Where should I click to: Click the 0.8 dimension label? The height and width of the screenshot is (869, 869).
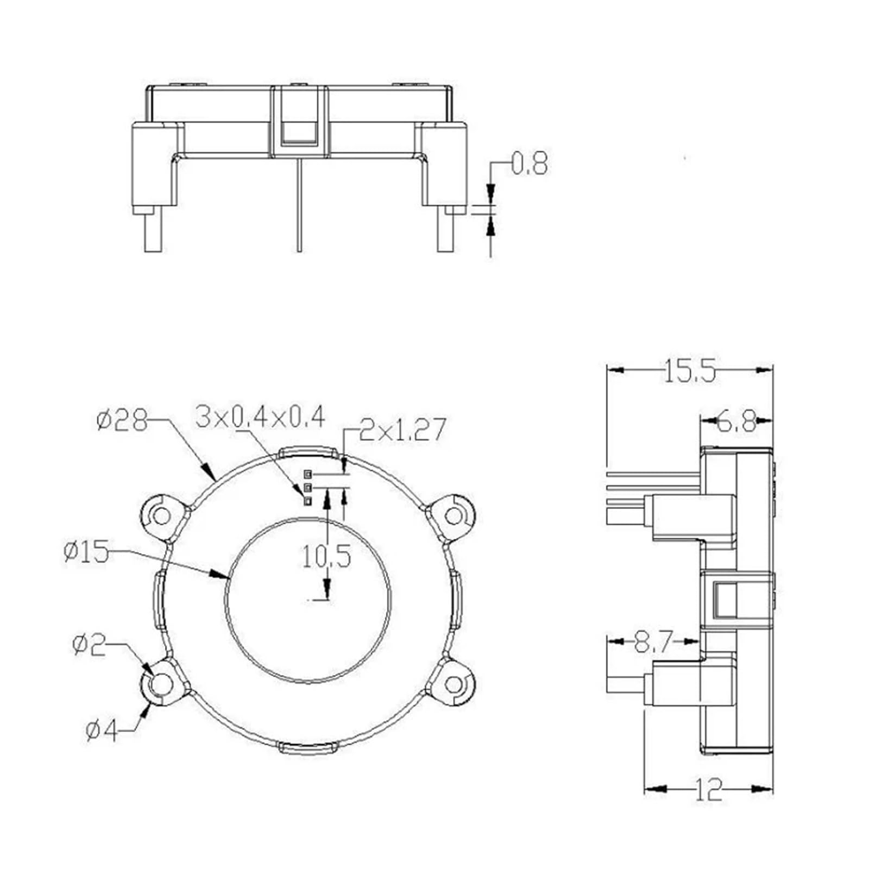coord(530,165)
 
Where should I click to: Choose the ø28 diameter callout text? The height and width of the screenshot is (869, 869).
coord(122,420)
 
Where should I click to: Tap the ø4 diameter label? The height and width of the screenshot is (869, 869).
coord(102,731)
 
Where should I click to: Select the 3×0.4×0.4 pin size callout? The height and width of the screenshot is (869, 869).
coord(260,417)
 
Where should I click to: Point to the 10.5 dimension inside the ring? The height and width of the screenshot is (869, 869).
coord(326,556)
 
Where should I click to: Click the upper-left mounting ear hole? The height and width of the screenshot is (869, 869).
coord(161,515)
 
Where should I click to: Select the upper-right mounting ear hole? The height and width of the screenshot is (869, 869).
coord(454,515)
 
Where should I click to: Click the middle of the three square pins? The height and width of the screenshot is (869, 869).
coord(308,487)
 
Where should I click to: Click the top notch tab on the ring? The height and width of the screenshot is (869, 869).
coord(307,452)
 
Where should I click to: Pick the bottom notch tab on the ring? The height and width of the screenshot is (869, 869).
coord(307,748)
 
